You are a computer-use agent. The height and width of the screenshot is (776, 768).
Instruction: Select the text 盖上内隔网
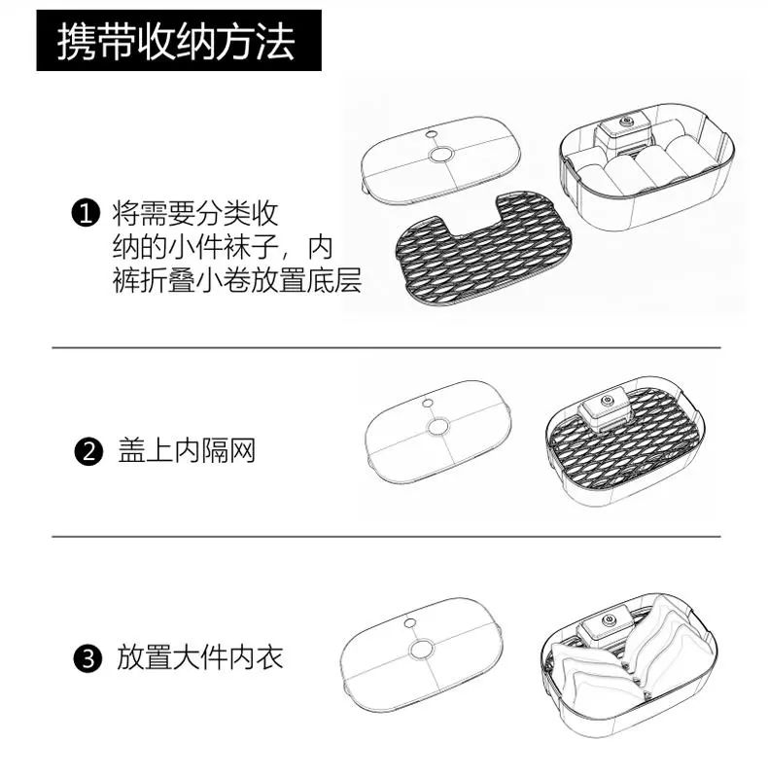(x=185, y=452)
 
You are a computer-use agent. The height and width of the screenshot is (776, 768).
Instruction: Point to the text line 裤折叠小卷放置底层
(x=236, y=283)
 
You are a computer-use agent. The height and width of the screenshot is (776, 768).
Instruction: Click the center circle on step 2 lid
(x=439, y=429)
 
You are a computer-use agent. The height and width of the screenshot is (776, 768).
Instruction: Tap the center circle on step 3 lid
(x=422, y=649)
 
